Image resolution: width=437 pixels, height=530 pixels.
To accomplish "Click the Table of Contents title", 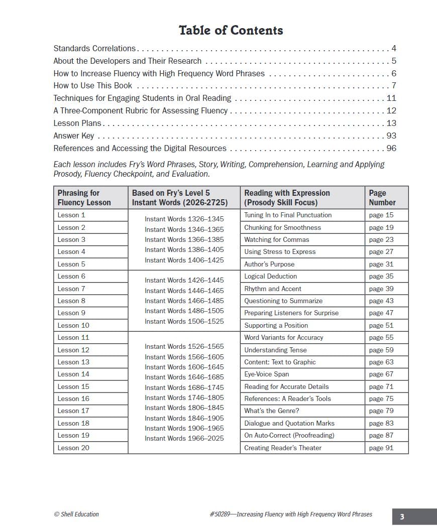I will coord(231,31).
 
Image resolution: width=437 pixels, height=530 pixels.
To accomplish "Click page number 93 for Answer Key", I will coord(391,136).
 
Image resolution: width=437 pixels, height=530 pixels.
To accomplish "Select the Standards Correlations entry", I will coord(94,49).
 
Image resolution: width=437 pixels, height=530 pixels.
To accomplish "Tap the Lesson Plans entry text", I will coord(77,123).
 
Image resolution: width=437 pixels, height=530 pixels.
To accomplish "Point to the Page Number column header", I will coord(382,198).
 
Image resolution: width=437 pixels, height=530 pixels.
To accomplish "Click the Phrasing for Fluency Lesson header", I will coord(84,198).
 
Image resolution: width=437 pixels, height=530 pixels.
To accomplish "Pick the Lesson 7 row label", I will coord(71,289).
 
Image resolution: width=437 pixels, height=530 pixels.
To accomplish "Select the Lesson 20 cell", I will coord(73,448).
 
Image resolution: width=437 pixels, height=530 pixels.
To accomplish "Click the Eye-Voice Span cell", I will coord(267,374).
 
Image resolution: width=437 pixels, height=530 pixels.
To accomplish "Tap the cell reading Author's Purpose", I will coord(269,264).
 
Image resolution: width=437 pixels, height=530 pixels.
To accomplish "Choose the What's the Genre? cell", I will coord(271,411).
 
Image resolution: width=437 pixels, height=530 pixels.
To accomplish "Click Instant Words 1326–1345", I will coord(184,219).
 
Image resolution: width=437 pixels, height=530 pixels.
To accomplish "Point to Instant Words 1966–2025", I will coord(184,439).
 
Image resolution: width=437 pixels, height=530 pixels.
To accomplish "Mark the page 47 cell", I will coord(381,313).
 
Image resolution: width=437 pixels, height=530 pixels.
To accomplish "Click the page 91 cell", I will coord(381,448).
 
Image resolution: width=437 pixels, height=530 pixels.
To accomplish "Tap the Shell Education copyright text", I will coord(76,514).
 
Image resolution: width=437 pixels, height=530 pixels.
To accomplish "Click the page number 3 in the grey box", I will coord(402,517).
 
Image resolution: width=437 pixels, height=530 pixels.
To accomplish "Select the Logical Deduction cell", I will coord(270,277).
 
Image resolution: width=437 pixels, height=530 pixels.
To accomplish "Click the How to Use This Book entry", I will coord(93,86).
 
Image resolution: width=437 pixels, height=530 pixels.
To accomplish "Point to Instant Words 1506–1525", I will coord(184,322).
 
